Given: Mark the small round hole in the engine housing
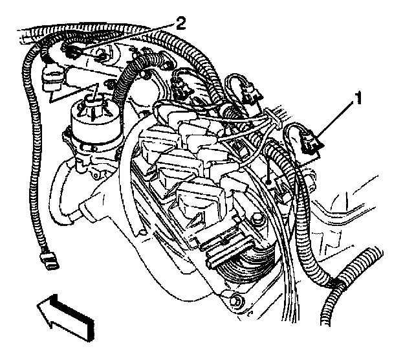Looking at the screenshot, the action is [x=265, y=185].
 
